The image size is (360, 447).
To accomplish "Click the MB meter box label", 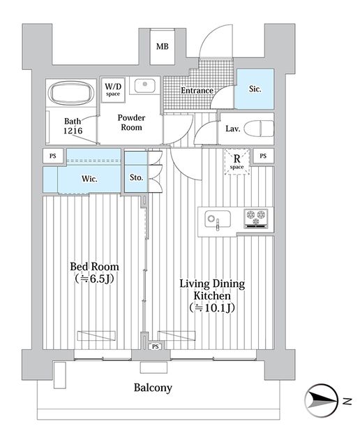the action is [162, 46].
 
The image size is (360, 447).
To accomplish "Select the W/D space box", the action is [113, 89].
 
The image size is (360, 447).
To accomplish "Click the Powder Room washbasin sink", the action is [145, 85].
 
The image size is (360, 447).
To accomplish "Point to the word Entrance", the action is [197, 90].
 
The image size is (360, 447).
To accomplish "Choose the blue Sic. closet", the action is [255, 89].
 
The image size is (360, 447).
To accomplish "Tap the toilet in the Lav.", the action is [259, 129].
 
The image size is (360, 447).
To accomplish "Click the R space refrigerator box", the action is [237, 161].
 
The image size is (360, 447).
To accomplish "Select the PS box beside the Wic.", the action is [53, 156].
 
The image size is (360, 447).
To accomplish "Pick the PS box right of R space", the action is [263, 156].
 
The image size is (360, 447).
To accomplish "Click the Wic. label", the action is [89, 179].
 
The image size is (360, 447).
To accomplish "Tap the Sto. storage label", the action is [136, 177].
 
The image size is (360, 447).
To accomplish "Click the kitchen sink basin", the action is [218, 219].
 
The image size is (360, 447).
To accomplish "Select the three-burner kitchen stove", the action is [256, 219].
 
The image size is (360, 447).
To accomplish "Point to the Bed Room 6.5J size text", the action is [95, 279].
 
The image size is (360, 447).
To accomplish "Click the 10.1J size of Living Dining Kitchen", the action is [212, 307].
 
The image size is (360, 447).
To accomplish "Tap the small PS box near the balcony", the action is [155, 346].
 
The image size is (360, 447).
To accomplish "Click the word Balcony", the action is [153, 388].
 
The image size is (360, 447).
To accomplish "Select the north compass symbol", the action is [322, 401].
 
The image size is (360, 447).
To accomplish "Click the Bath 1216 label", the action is [73, 126].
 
